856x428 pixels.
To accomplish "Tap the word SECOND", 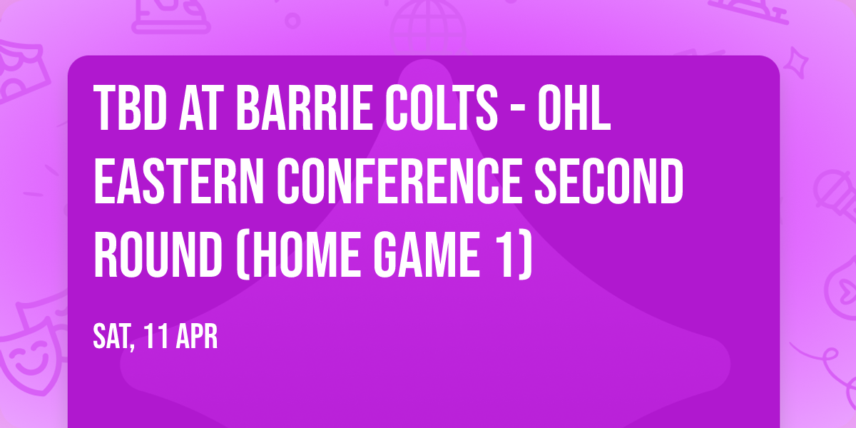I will coord(611,183).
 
